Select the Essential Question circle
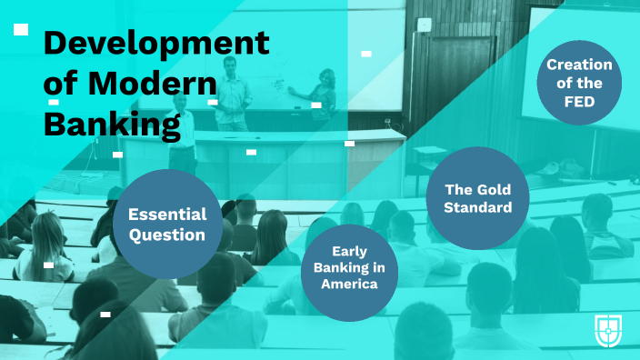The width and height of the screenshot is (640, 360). point(167,225)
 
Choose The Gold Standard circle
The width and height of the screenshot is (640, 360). point(477,198)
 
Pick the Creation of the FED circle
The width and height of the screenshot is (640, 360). point(578,84)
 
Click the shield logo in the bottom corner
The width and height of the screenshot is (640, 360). point(608,330)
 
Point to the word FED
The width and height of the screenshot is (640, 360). point(578,102)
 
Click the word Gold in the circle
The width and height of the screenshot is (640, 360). point(493,189)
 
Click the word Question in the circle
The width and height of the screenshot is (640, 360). point(167,235)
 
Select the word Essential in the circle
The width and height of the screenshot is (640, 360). point(167,215)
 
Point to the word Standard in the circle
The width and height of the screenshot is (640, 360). point(477,208)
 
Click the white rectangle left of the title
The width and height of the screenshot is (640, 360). point(21,30)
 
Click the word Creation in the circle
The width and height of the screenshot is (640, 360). point(578,65)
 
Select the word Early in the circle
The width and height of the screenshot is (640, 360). point(349,250)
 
